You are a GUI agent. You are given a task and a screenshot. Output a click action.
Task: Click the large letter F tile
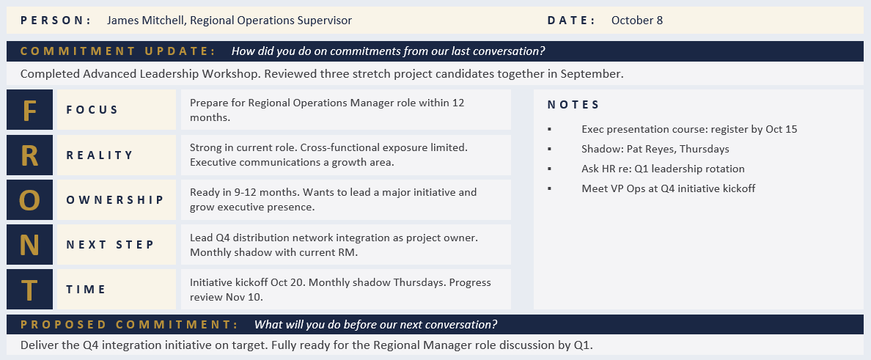pos(29,110)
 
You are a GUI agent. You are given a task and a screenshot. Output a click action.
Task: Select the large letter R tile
pos(29,155)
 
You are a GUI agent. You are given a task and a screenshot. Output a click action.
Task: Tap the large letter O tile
pos(29,199)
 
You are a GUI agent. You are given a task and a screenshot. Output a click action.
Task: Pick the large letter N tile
pos(29,244)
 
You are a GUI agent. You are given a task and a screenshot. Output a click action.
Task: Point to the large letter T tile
pos(29,289)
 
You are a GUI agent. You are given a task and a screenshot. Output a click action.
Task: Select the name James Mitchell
pos(145,21)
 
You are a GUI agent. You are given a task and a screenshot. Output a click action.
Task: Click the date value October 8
pos(636,21)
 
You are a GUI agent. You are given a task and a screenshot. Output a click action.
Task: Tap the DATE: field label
pos(571,21)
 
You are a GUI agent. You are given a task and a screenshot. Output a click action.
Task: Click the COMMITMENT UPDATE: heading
pos(118,51)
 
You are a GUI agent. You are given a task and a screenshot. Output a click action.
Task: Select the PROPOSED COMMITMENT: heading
pos(129,324)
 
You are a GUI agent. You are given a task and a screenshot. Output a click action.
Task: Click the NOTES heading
pos(573,105)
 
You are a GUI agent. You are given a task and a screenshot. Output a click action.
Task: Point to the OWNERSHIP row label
pos(115,199)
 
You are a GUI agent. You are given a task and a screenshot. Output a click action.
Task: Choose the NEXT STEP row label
pos(110,244)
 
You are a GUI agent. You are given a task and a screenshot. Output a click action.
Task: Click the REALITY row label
pos(100,155)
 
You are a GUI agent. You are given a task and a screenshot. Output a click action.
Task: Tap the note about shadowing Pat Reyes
pos(655,149)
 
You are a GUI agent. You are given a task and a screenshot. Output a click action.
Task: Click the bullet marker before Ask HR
pos(550,169)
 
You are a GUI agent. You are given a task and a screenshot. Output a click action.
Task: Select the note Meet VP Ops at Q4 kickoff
pos(668,188)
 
